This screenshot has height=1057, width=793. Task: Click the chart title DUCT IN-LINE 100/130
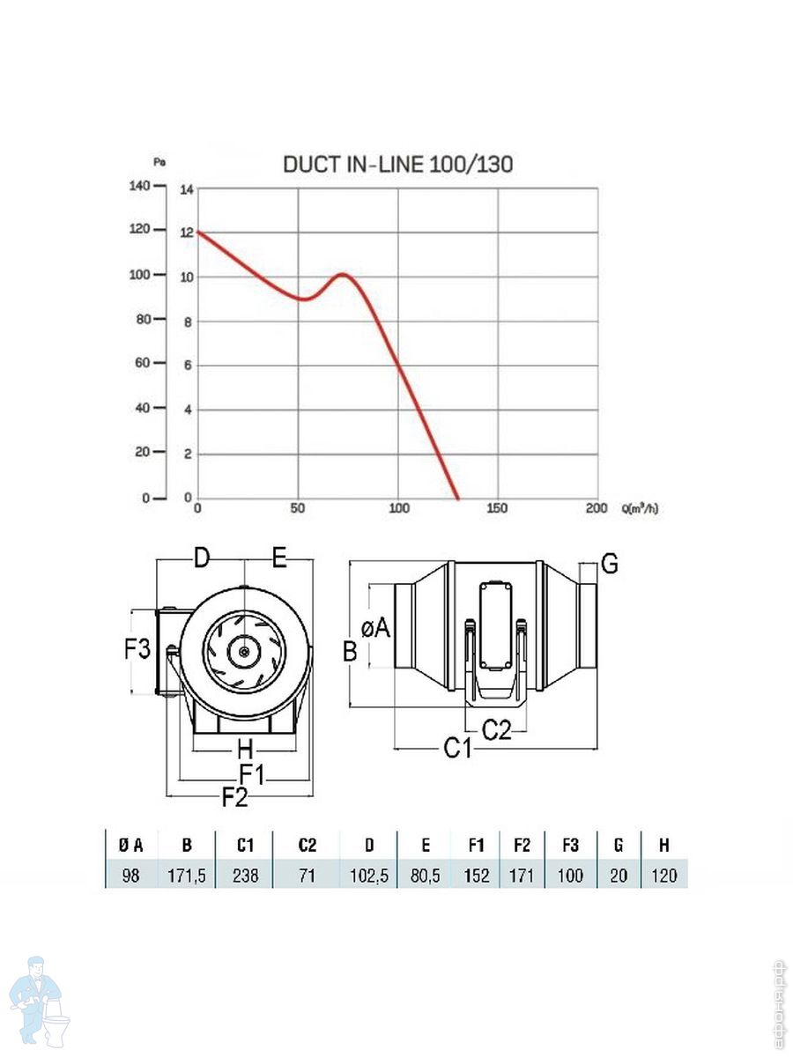tap(397, 165)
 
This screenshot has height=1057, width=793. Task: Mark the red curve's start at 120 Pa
tap(197, 232)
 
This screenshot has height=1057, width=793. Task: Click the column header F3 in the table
tap(570, 845)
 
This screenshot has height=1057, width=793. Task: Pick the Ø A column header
tap(131, 845)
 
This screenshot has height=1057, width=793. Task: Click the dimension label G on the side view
tap(609, 564)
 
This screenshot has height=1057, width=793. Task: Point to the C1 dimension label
tap(457, 749)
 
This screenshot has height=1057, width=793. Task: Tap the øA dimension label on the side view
tap(375, 627)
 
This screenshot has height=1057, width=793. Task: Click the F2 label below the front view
tap(234, 798)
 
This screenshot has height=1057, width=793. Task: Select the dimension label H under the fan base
tap(245, 750)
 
